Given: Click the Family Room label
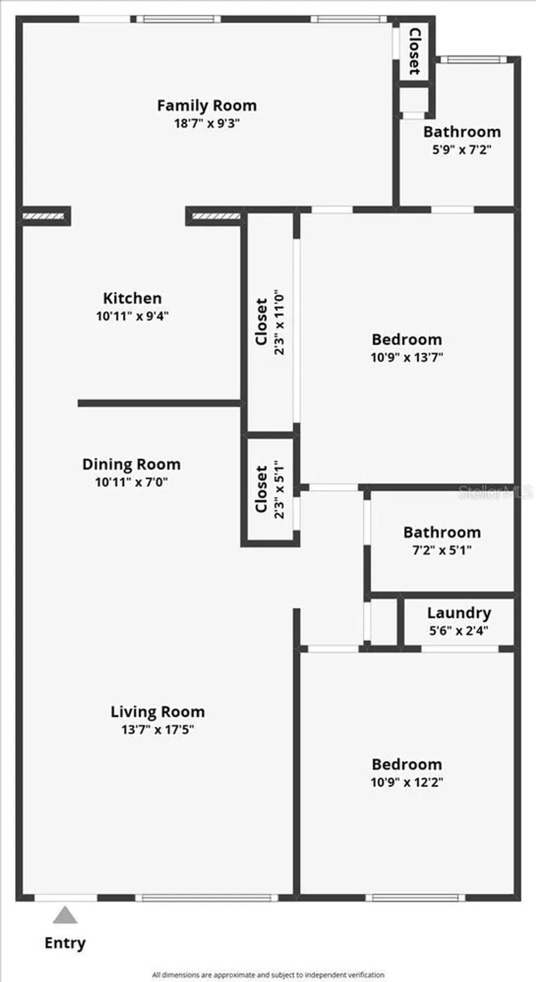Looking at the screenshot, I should [206, 105].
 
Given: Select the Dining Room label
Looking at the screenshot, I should [131, 465].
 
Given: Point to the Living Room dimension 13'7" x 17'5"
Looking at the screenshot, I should [157, 730].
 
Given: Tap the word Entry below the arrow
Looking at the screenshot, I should [65, 943].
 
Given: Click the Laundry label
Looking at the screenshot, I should [459, 613].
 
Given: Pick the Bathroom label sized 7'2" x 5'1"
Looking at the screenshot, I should [442, 532].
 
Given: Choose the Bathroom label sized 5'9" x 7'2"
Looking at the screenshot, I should [462, 132].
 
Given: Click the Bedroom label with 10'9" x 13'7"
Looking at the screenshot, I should [406, 339].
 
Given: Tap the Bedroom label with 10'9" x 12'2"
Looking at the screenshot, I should [406, 764].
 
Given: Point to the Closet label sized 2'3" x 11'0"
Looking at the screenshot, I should [261, 321].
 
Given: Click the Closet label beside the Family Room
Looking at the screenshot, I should [414, 50].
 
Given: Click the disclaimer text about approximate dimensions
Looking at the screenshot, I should [268, 975].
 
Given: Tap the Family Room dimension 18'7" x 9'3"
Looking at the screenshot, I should [206, 123].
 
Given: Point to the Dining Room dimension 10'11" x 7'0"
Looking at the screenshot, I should [131, 483].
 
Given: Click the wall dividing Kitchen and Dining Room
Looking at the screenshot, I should [159, 403].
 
